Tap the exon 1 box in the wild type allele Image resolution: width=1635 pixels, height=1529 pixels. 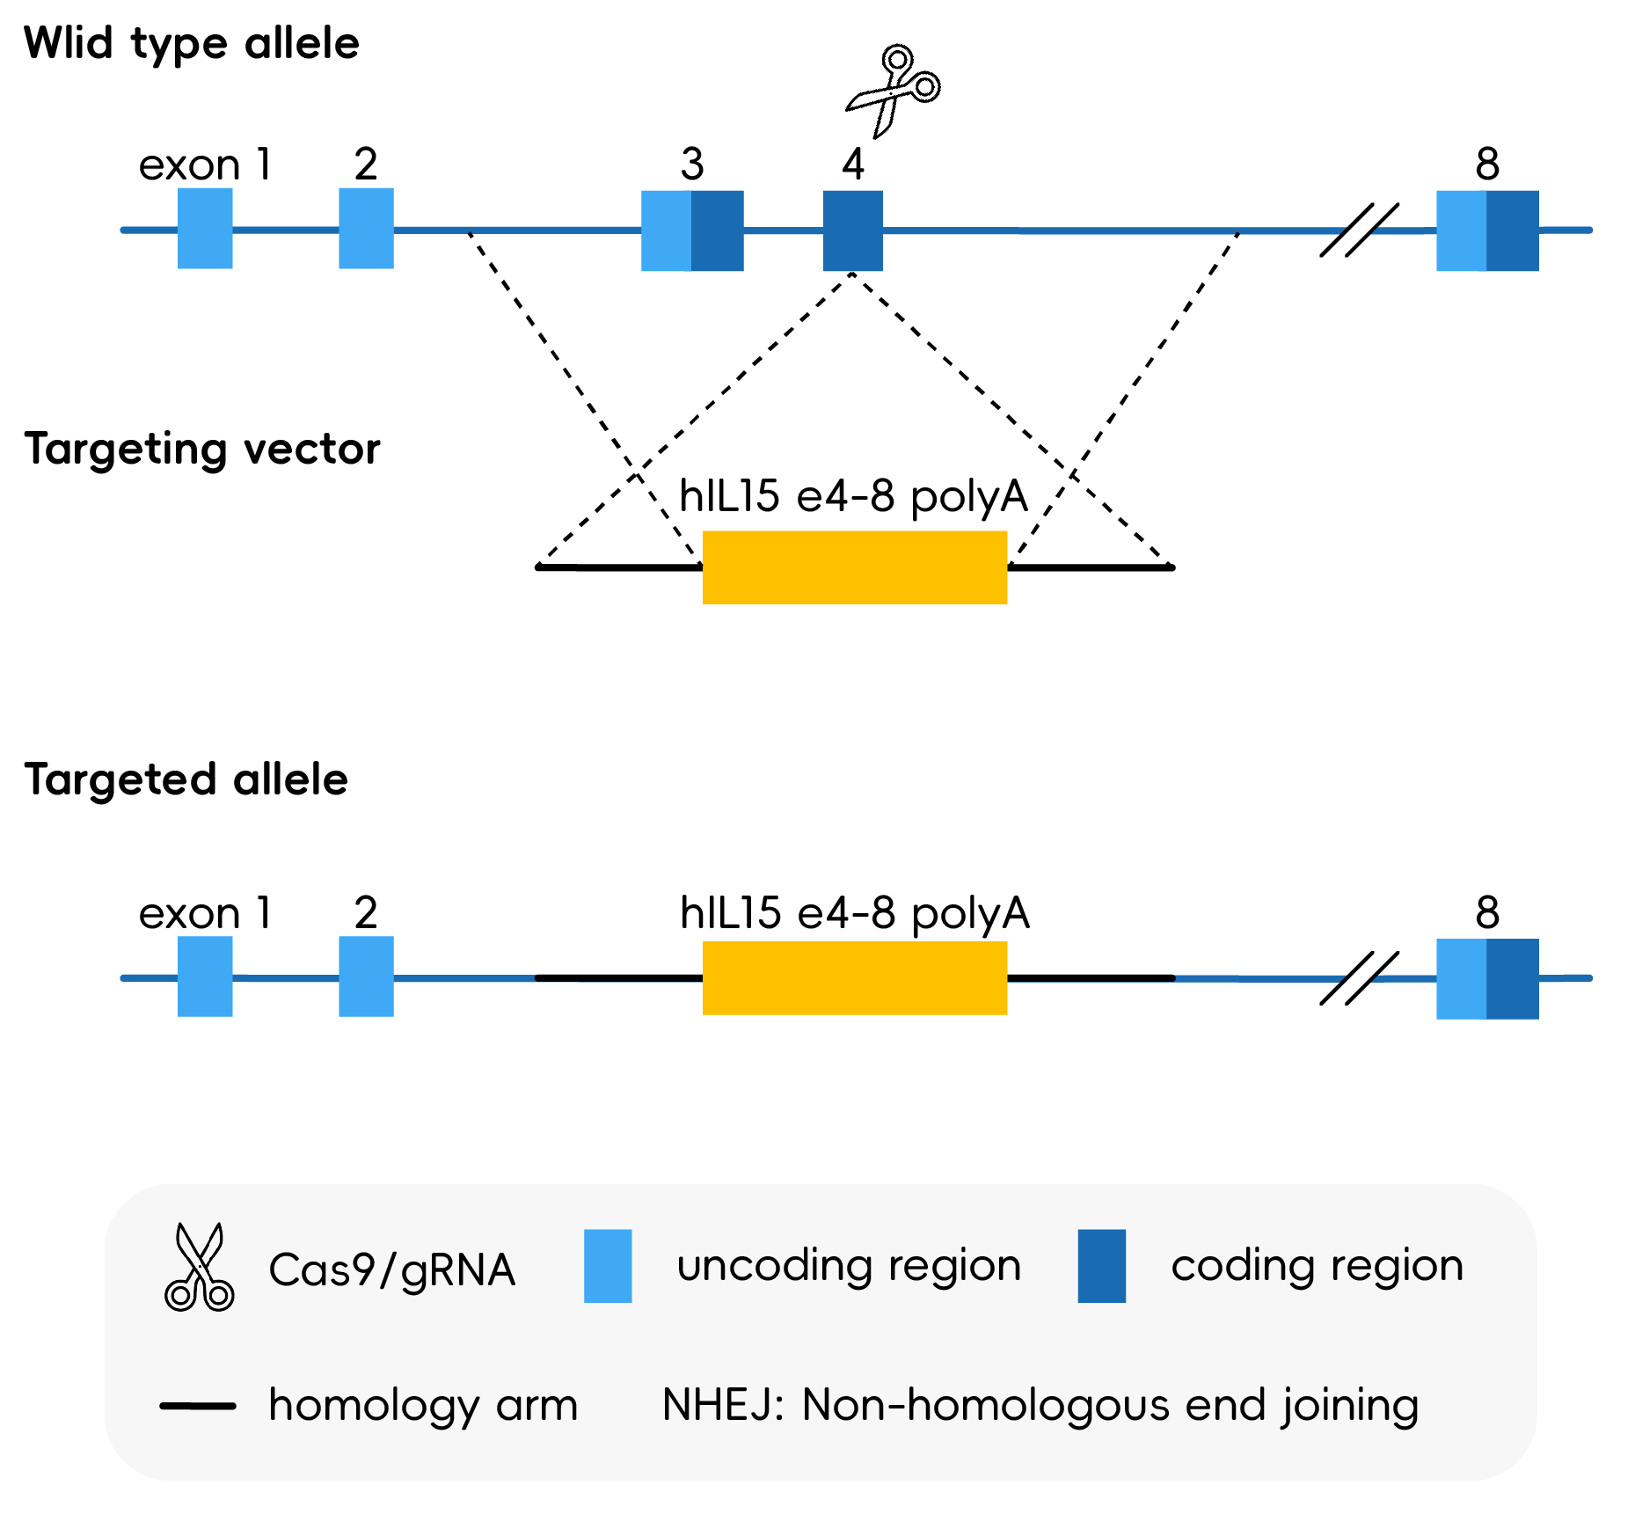click(205, 229)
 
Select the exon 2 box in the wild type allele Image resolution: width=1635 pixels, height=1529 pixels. click(366, 229)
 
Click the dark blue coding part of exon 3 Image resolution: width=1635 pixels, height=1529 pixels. click(718, 230)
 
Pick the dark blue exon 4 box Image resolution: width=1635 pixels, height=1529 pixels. click(852, 230)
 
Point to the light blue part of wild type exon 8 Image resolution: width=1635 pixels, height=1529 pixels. click(1461, 230)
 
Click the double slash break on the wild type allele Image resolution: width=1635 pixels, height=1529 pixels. click(1359, 230)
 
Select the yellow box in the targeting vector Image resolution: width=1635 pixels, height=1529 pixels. click(854, 567)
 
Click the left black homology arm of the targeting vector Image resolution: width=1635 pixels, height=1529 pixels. click(619, 567)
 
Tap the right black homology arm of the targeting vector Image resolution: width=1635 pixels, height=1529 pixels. click(1091, 567)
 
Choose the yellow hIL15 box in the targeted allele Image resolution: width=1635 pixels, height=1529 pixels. click(854, 977)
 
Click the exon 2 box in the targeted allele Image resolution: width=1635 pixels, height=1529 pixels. click(366, 977)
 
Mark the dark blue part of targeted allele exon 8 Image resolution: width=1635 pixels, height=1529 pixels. click(1513, 978)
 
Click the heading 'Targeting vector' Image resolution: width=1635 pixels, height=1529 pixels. click(201, 449)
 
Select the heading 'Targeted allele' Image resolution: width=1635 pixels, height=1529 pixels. click(186, 779)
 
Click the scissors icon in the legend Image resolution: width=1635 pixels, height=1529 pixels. click(199, 1268)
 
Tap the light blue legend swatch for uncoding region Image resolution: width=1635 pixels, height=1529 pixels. click(608, 1266)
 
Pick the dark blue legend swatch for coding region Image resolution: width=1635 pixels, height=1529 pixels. click(1101, 1266)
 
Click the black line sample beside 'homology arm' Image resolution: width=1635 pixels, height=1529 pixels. click(198, 1406)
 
